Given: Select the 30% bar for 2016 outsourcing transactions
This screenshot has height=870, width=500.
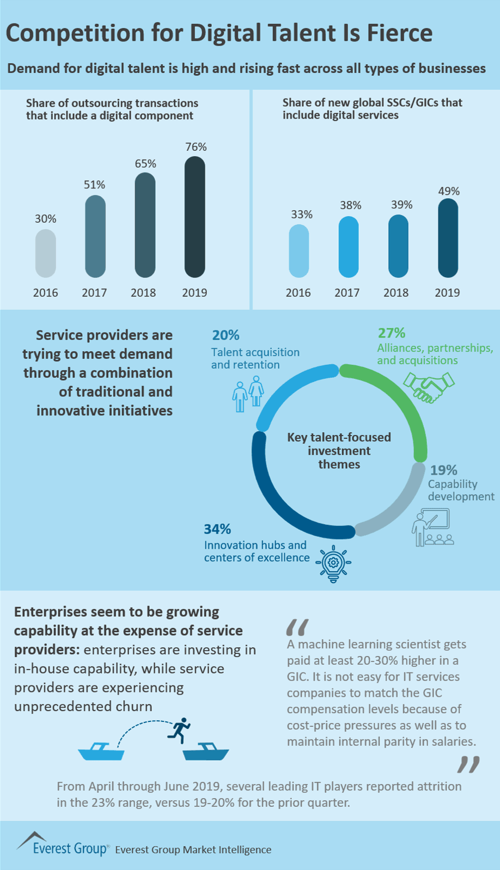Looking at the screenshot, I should coord(46,253).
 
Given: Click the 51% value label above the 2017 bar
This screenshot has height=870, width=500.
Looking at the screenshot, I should coord(94,185).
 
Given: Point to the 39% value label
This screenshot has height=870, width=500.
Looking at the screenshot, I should coord(401,205).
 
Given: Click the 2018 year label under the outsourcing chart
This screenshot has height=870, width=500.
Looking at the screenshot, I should coord(143,293).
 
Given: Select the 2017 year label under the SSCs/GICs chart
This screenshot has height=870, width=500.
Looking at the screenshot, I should coord(347,293).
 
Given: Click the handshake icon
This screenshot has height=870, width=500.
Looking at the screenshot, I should coord(429,387).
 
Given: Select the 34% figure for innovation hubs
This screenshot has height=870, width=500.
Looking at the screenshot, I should coord(217,529).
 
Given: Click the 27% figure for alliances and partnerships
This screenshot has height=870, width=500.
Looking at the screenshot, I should coord(391,333).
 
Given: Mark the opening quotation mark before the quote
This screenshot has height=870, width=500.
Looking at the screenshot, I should coord(297,627).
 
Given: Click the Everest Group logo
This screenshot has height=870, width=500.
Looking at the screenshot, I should coord(62,844).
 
